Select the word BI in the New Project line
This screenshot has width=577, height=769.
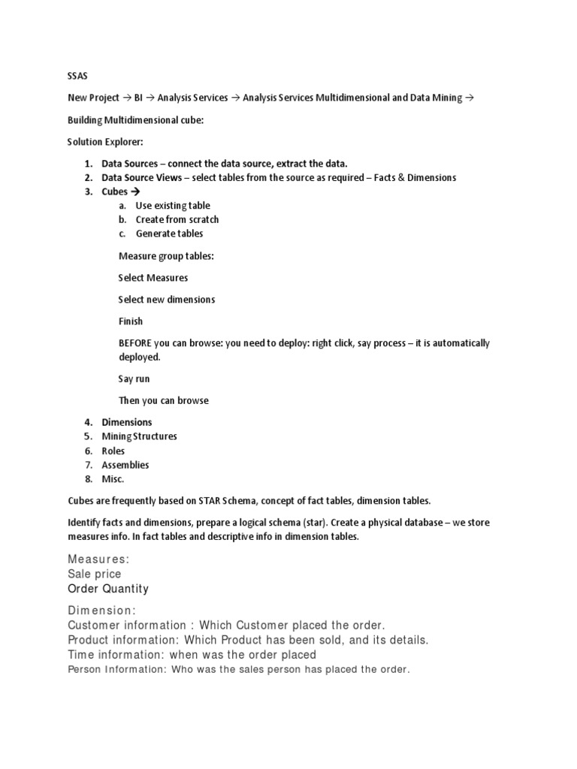tap(138, 98)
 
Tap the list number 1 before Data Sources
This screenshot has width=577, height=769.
tap(87, 164)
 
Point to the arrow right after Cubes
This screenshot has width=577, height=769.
tap(136, 192)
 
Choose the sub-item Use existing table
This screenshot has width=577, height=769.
tap(173, 206)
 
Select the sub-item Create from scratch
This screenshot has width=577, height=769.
tap(177, 220)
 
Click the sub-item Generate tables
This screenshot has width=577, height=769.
tap(169, 234)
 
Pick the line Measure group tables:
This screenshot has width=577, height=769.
tap(166, 256)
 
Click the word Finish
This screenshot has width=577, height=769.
tap(130, 321)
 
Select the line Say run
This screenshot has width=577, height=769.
tap(134, 379)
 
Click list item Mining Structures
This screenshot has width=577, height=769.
tap(140, 436)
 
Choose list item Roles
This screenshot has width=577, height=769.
tap(113, 451)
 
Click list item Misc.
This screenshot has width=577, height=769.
tap(113, 479)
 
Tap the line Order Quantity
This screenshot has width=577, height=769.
tap(108, 589)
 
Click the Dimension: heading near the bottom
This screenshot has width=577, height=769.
tap(101, 611)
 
